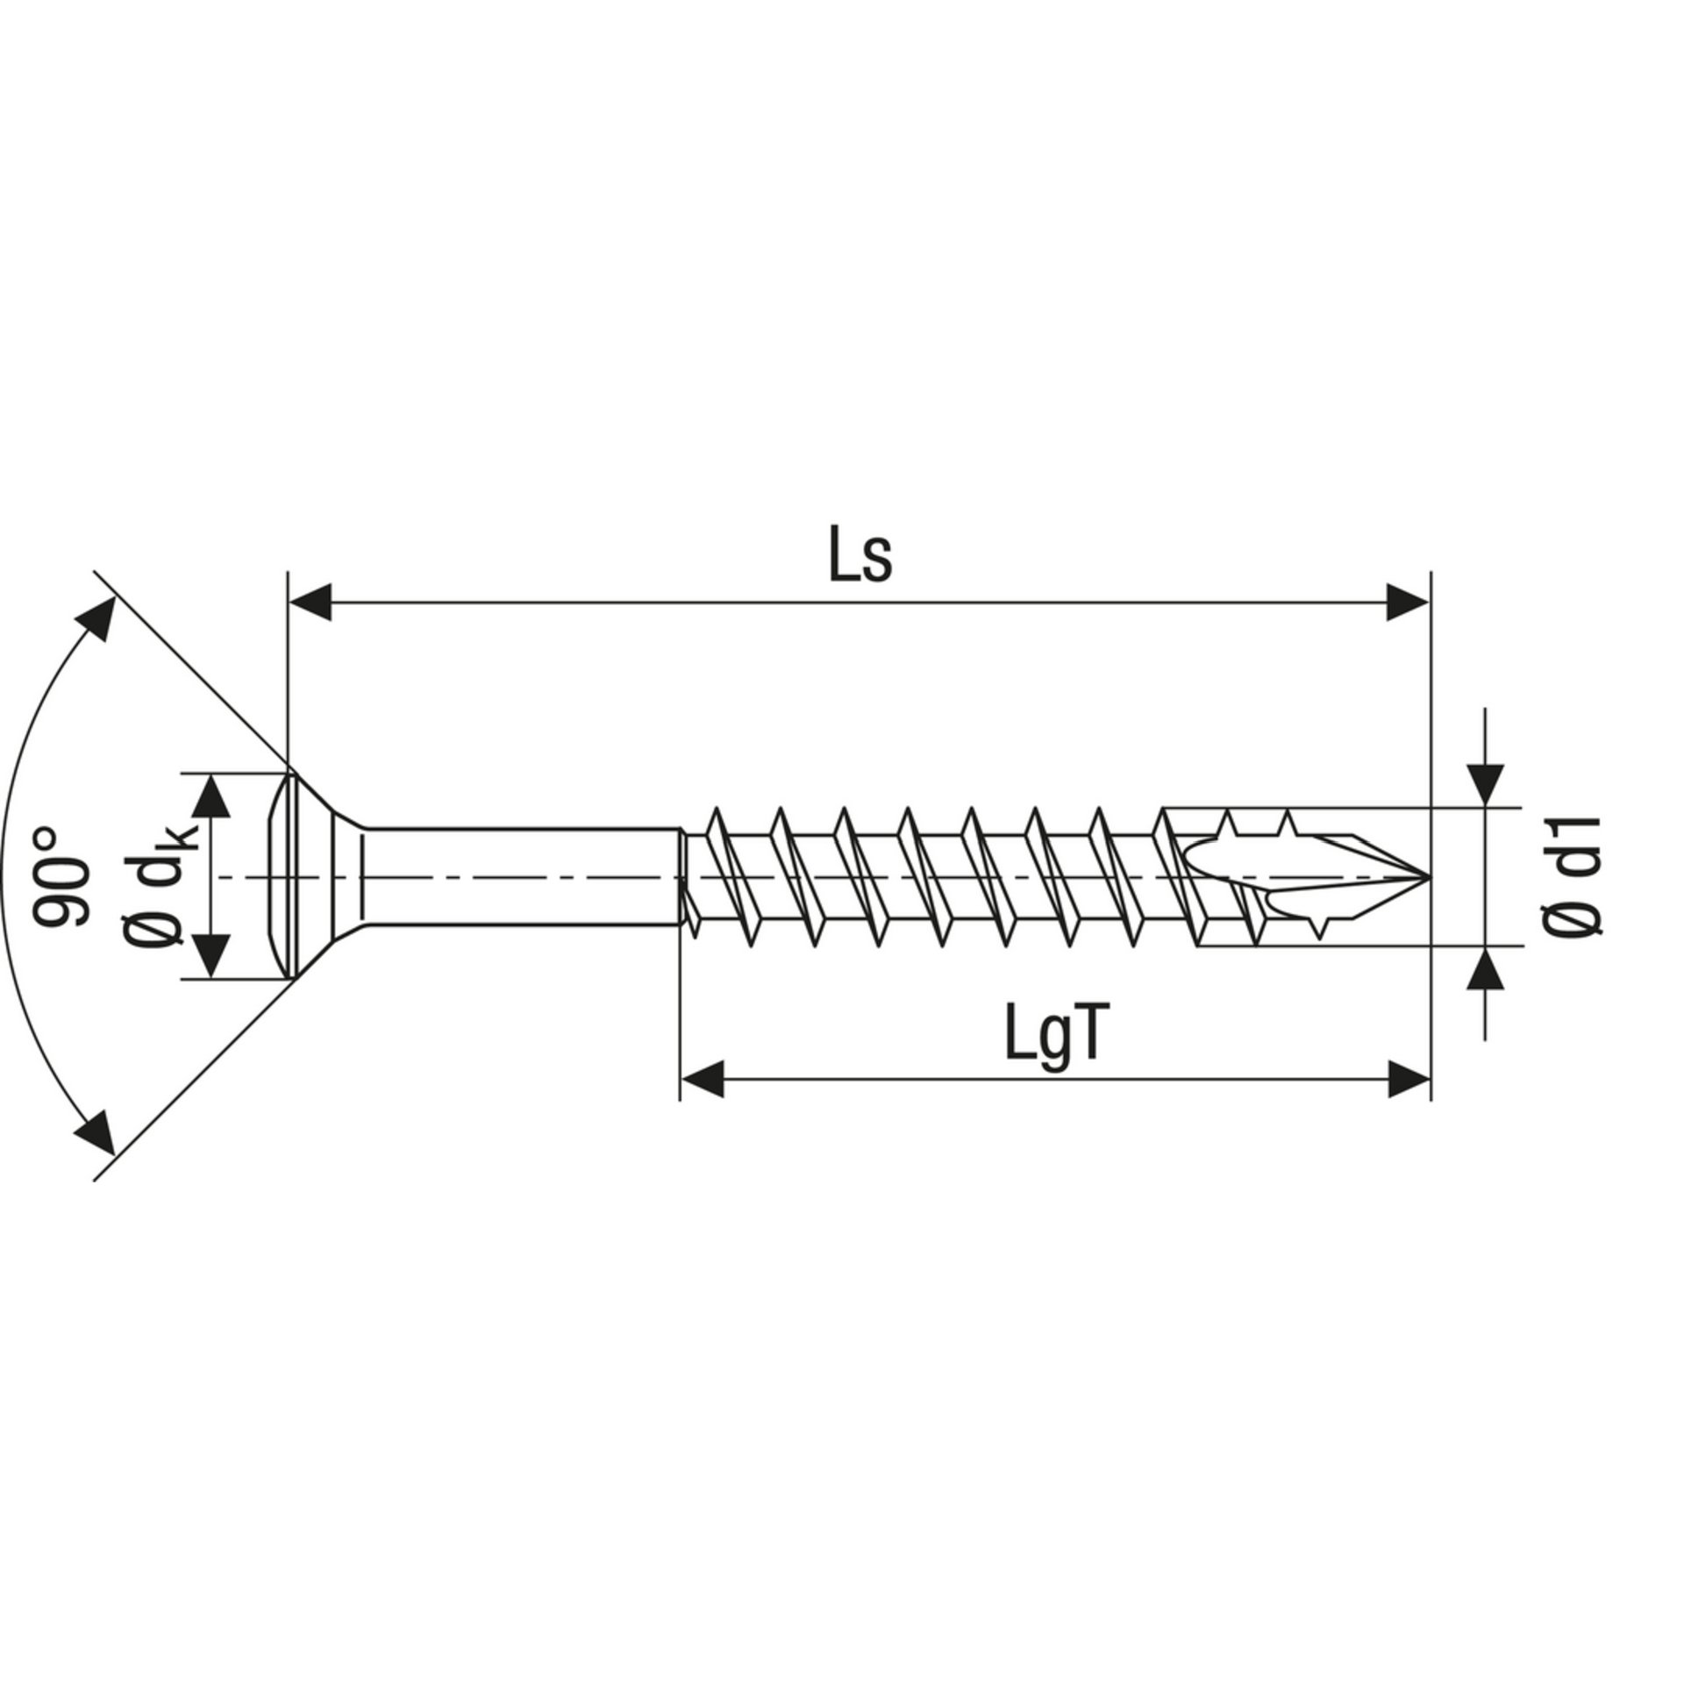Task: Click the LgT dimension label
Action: pos(1052,1037)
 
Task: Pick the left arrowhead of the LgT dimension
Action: pos(702,1079)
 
